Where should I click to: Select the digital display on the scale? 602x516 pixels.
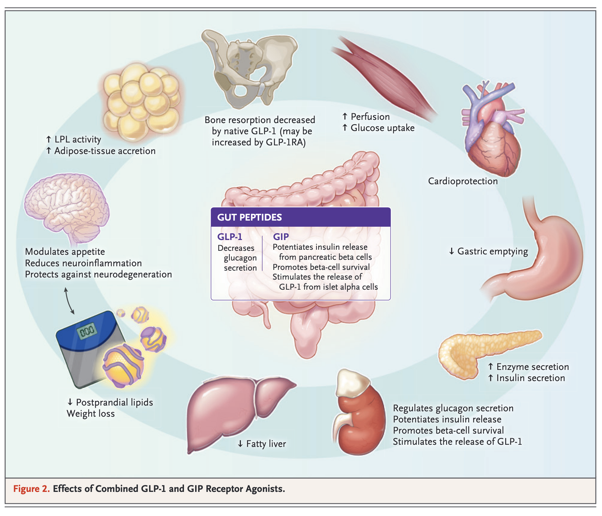pyautogui.click(x=87, y=330)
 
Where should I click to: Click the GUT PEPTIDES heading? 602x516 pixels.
pyautogui.click(x=250, y=217)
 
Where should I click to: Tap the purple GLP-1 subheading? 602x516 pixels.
pyautogui.click(x=230, y=237)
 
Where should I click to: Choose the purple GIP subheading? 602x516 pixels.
pyautogui.click(x=281, y=237)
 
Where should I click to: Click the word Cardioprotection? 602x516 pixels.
pyautogui.click(x=463, y=181)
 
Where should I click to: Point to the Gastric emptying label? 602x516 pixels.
pyautogui.click(x=492, y=251)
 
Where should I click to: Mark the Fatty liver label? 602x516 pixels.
pyautogui.click(x=266, y=444)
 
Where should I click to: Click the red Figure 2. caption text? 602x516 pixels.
pyautogui.click(x=31, y=489)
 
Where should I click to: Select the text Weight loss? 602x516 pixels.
pyautogui.click(x=91, y=414)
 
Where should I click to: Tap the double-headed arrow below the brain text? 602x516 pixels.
pyautogui.click(x=69, y=300)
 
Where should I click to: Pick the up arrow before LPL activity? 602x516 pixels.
pyautogui.click(x=49, y=139)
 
